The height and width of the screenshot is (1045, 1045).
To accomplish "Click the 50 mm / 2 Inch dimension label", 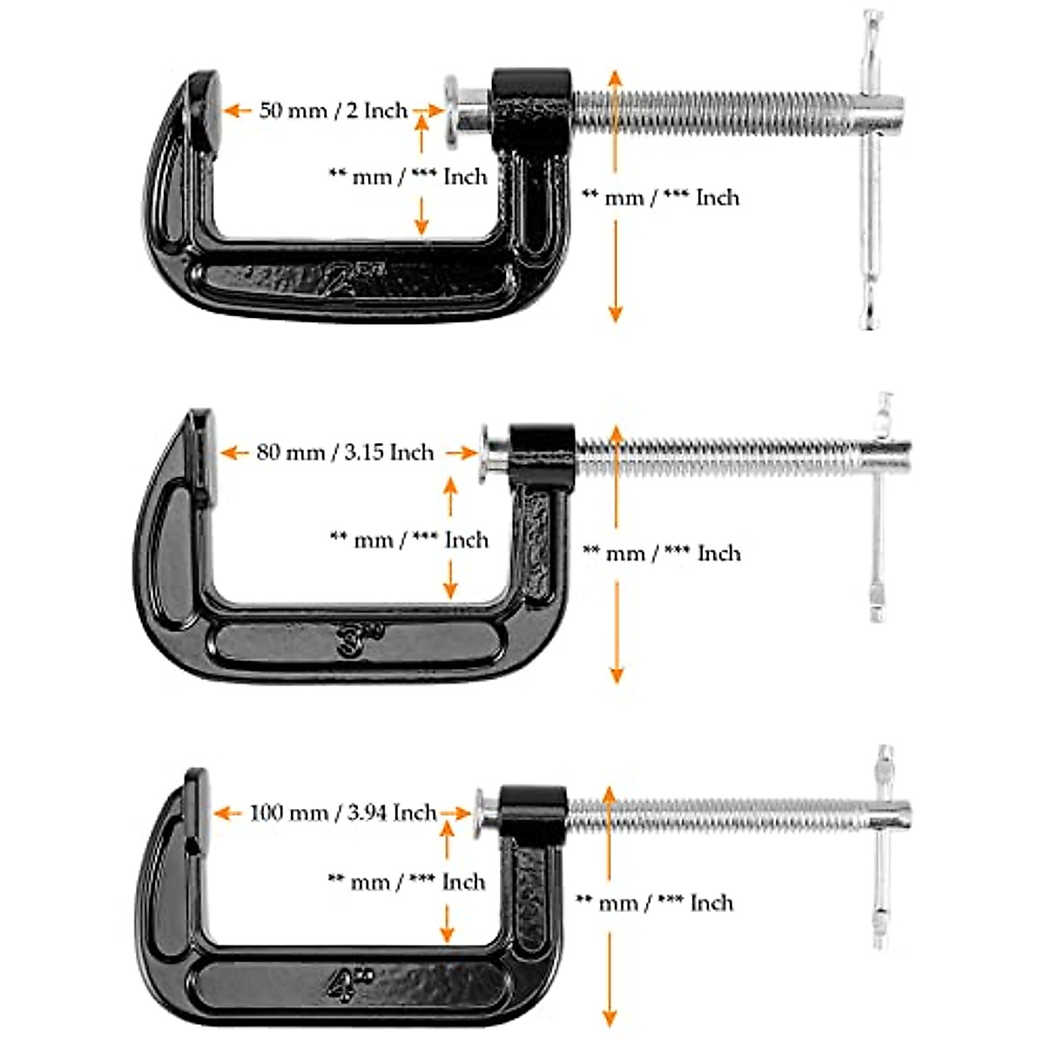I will tap(334, 111).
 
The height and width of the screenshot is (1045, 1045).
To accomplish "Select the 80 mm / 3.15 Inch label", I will tap(345, 453).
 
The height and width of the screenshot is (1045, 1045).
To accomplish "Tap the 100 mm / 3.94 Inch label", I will tap(343, 812).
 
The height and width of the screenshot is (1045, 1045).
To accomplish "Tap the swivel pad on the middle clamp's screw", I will tap(490, 453).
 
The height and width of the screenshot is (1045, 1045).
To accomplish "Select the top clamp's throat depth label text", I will tap(408, 176).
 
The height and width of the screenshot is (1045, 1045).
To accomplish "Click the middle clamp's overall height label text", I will tap(662, 553).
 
